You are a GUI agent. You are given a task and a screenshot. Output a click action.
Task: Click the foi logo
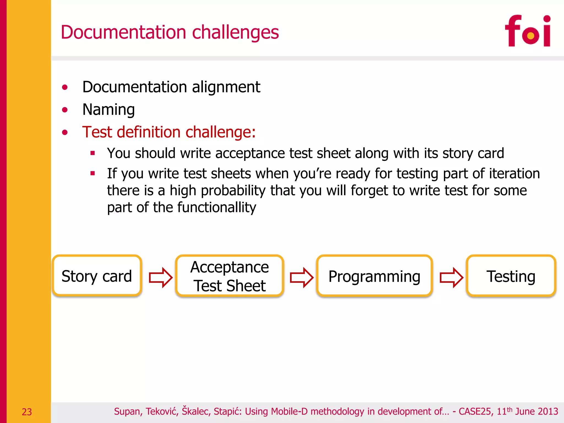[528, 31]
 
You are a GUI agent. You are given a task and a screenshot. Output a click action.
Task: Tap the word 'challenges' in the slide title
[235, 32]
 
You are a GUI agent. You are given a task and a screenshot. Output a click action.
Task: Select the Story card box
[97, 276]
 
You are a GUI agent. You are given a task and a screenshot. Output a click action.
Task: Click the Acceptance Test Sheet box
[230, 276]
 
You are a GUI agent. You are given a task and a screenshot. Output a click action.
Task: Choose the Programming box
[374, 276]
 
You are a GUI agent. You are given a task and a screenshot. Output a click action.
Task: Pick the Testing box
[511, 276]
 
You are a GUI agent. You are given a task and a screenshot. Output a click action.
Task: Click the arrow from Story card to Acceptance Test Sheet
[160, 277]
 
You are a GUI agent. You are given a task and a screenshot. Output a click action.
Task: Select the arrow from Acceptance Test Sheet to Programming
[301, 277]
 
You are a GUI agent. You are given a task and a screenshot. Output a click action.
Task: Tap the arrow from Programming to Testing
[451, 277]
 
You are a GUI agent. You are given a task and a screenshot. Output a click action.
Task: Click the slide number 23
[27, 412]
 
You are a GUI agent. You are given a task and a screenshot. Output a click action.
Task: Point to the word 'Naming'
[109, 110]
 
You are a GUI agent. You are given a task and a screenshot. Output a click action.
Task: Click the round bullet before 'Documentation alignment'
[65, 88]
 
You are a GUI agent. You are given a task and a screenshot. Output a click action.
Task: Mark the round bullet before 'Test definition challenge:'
[65, 133]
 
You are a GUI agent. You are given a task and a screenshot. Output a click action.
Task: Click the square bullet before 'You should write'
[93, 153]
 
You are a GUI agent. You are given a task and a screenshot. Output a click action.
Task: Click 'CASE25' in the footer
[475, 411]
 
